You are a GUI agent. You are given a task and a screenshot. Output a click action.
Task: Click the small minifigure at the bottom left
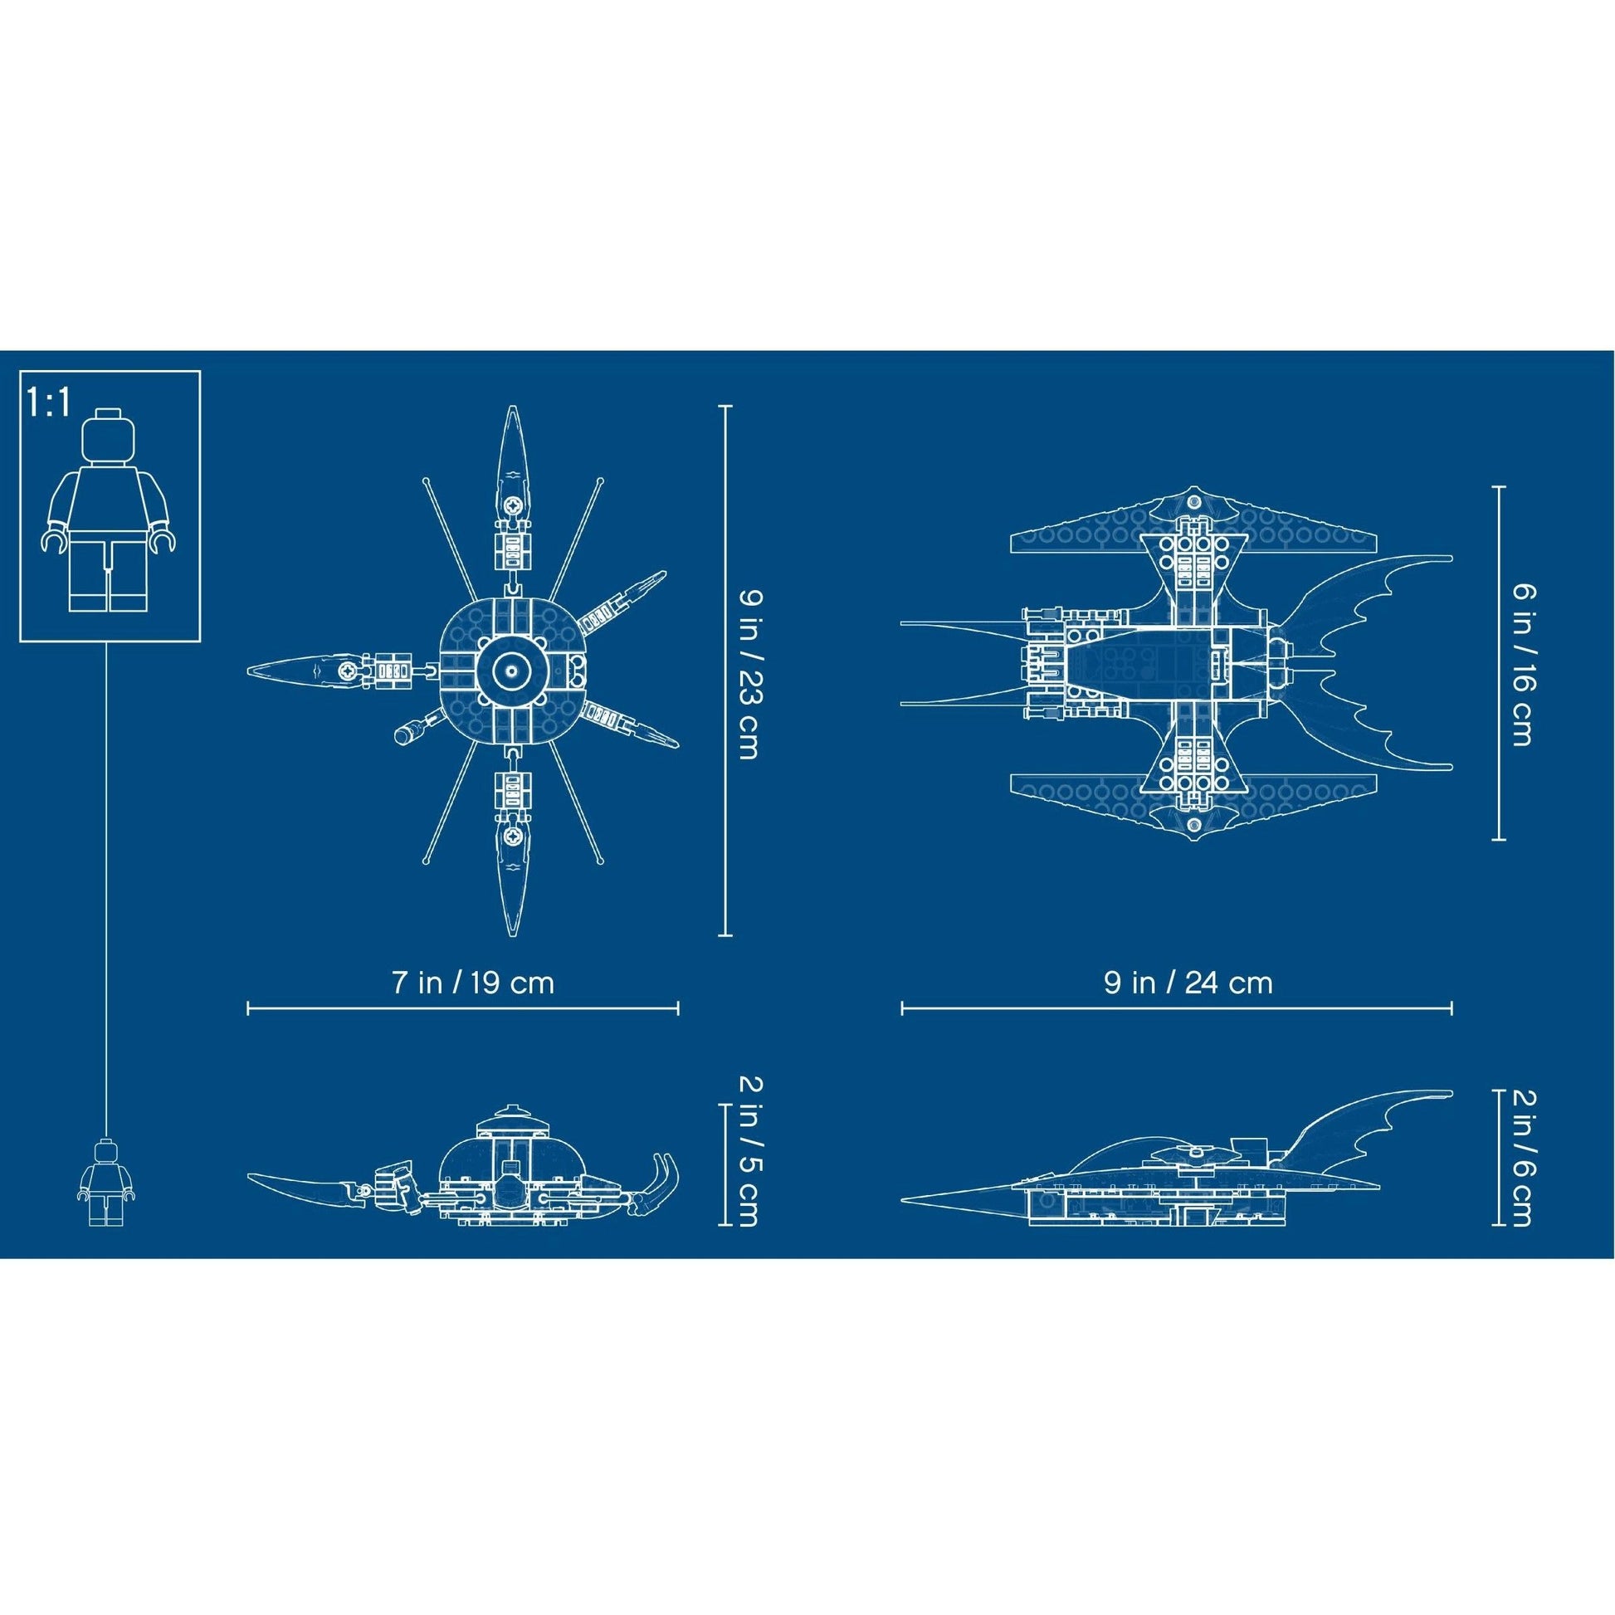107,1182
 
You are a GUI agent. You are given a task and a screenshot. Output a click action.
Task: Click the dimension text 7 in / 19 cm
473,983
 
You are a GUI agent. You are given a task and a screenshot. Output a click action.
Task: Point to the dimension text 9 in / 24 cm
1188,983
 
